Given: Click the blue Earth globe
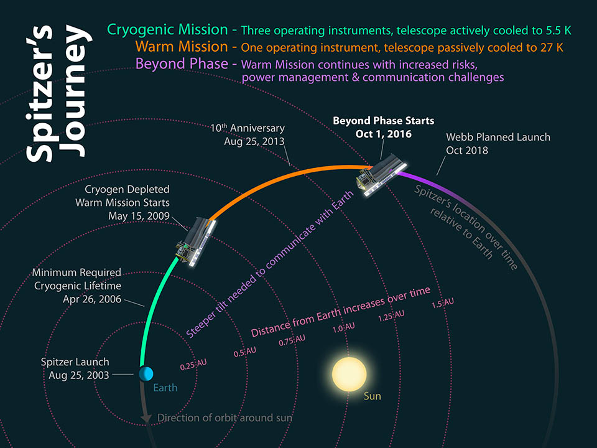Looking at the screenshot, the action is (146, 374).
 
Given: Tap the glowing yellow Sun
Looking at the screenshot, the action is (349, 374).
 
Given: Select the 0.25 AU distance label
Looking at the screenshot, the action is (193, 365).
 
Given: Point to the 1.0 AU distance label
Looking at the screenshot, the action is (343, 328).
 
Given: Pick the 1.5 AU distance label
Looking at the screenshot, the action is (442, 303).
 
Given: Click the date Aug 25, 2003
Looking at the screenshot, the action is (79, 375).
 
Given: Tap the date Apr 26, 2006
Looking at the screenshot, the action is (92, 299).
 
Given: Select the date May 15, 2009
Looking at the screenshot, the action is (139, 216).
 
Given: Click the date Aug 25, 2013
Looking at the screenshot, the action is (254, 141).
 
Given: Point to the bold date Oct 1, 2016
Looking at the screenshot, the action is (384, 134).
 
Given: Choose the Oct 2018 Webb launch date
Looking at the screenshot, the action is (467, 151).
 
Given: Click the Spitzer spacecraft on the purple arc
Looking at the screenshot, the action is (381, 175).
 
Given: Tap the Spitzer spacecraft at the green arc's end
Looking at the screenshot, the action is (196, 243).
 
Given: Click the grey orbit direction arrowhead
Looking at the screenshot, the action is (146, 418).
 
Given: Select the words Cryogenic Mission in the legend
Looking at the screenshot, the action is (167, 29).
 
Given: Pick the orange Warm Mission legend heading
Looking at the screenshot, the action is (182, 47).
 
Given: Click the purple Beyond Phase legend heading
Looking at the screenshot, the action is (182, 63).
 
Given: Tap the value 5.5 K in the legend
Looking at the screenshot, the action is (557, 30).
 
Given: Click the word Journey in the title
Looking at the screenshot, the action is (75, 91).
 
